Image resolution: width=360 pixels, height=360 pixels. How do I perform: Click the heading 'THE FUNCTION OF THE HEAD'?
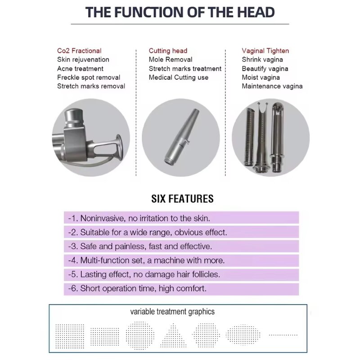click(x=180, y=12)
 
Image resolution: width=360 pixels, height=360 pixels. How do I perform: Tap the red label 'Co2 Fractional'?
click(x=79, y=50)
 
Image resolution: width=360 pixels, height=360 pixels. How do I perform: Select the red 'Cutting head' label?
click(x=168, y=50)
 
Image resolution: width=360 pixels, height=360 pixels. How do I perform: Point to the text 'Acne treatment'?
click(x=80, y=68)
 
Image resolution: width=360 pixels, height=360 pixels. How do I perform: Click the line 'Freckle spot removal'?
click(x=89, y=77)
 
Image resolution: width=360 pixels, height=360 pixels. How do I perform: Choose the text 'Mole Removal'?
click(x=171, y=59)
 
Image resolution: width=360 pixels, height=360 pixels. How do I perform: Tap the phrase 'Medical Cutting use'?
click(x=178, y=77)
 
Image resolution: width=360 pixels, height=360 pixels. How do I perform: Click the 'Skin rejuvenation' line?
click(x=83, y=59)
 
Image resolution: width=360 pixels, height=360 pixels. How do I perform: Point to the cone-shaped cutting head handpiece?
click(x=181, y=137)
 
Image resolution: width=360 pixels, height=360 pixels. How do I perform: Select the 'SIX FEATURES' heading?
click(x=182, y=199)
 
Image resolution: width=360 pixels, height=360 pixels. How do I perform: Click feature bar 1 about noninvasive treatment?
click(x=181, y=218)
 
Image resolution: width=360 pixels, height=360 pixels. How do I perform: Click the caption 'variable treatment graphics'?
click(x=172, y=312)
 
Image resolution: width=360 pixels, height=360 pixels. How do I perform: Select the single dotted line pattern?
click(x=283, y=335)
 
